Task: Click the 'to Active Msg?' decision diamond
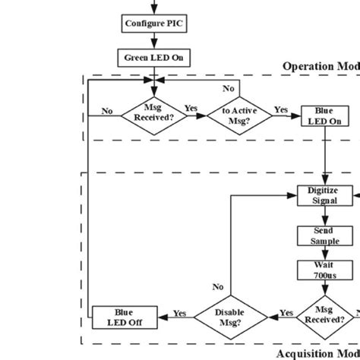(238, 115)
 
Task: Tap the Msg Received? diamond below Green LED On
(153, 115)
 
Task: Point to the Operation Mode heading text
(319, 66)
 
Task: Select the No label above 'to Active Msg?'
(229, 89)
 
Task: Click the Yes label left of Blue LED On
(281, 109)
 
